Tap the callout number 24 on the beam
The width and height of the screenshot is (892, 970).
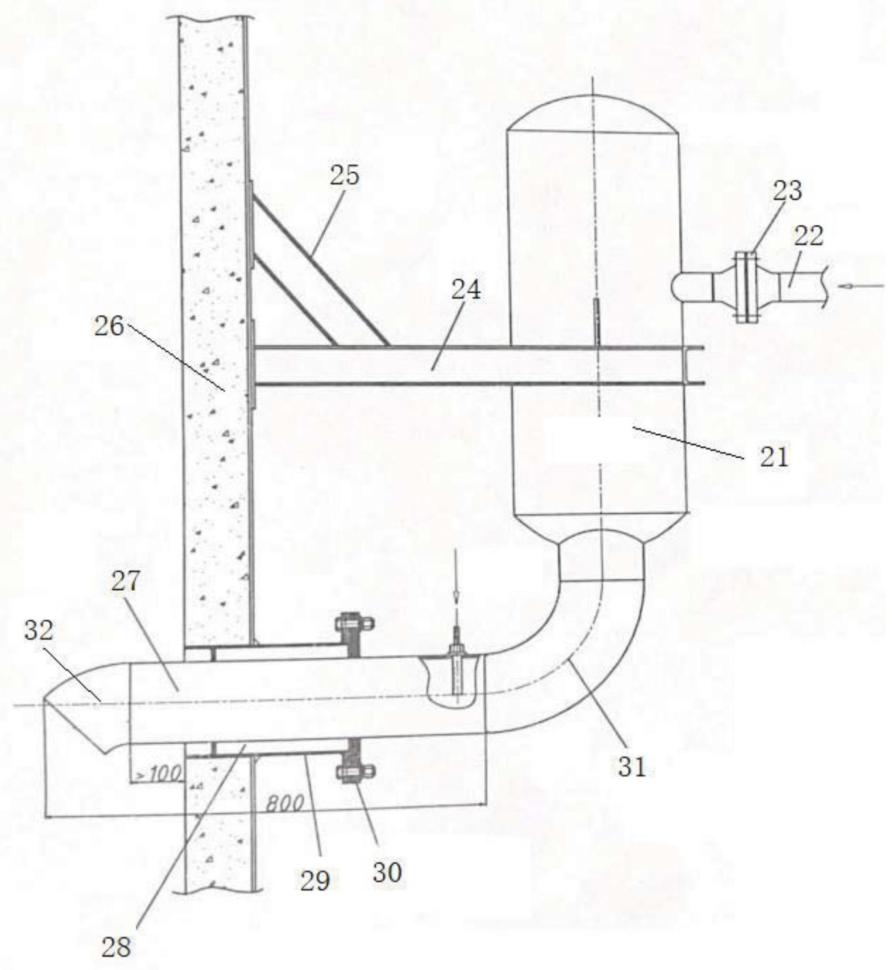coord(466,289)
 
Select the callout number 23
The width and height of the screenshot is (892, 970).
coord(787,191)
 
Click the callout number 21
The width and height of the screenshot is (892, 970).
coord(774,457)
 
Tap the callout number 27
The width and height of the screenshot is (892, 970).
coord(125,581)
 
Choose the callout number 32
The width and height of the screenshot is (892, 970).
coord(39,631)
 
